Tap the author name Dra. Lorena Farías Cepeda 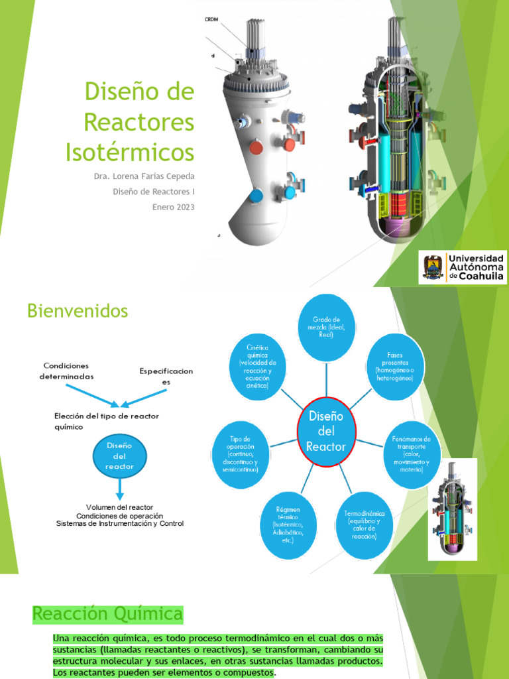145,176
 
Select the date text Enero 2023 174,207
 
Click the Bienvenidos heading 78,310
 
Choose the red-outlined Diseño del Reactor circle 325,432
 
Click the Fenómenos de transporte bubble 411,454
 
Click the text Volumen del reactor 120,507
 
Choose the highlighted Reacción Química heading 107,614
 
